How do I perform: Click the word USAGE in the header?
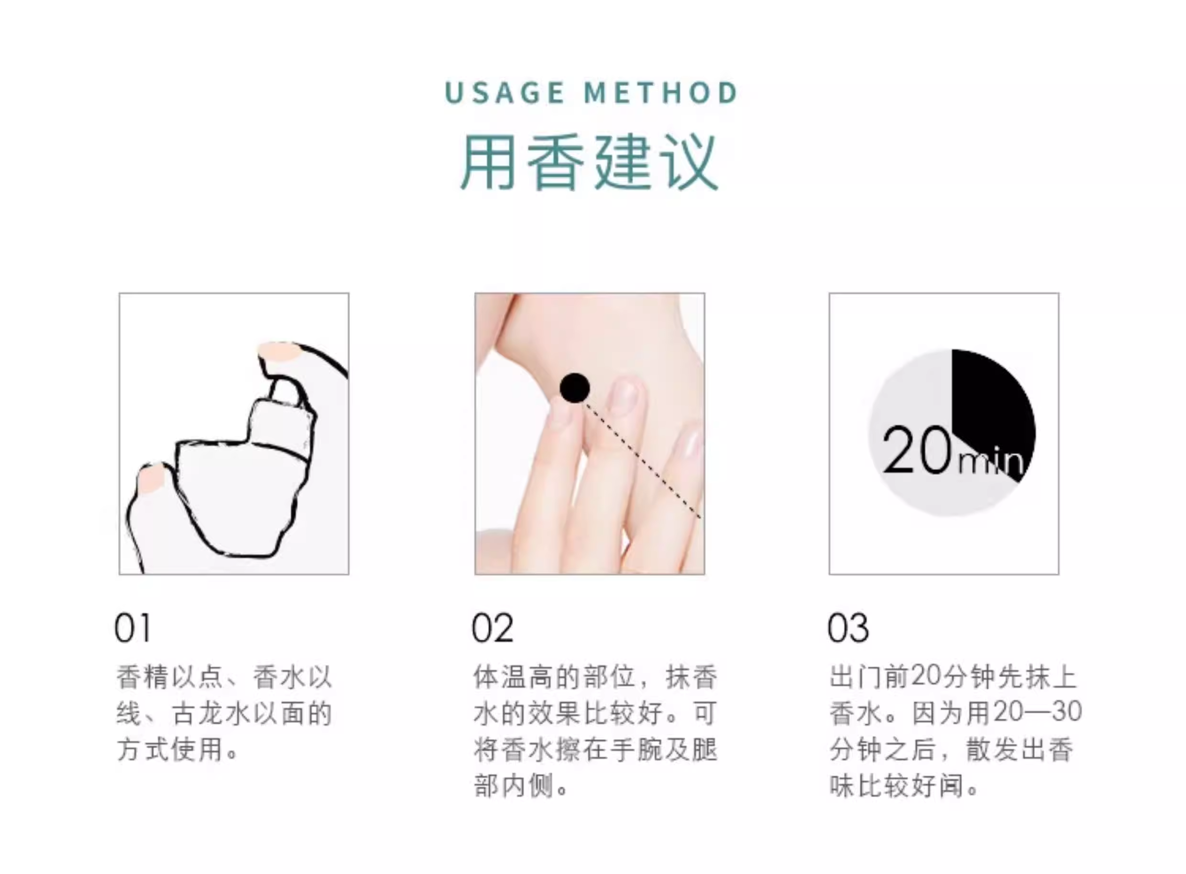coord(505,93)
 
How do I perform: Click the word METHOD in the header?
coord(660,93)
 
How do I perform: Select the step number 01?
coord(132,629)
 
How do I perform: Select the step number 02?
coord(492,629)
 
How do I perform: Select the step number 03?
coord(848,629)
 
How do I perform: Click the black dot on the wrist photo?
coord(574,388)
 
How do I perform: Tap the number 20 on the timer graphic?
coord(918,450)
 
